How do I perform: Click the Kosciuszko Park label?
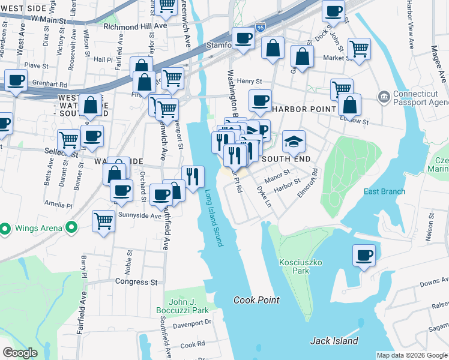point(294,266)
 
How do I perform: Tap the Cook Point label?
point(256,300)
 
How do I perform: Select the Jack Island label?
point(334,341)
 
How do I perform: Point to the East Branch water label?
point(384,192)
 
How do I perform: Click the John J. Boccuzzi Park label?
point(188,306)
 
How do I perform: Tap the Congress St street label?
point(136,281)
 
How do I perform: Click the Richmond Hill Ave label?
point(135,27)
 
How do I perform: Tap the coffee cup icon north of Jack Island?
point(364,256)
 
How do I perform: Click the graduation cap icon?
point(294,142)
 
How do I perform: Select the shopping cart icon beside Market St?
point(359,49)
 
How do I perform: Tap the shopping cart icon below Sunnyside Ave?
point(103,221)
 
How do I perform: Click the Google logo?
point(20,353)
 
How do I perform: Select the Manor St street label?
point(278,175)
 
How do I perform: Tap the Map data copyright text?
point(412,355)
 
